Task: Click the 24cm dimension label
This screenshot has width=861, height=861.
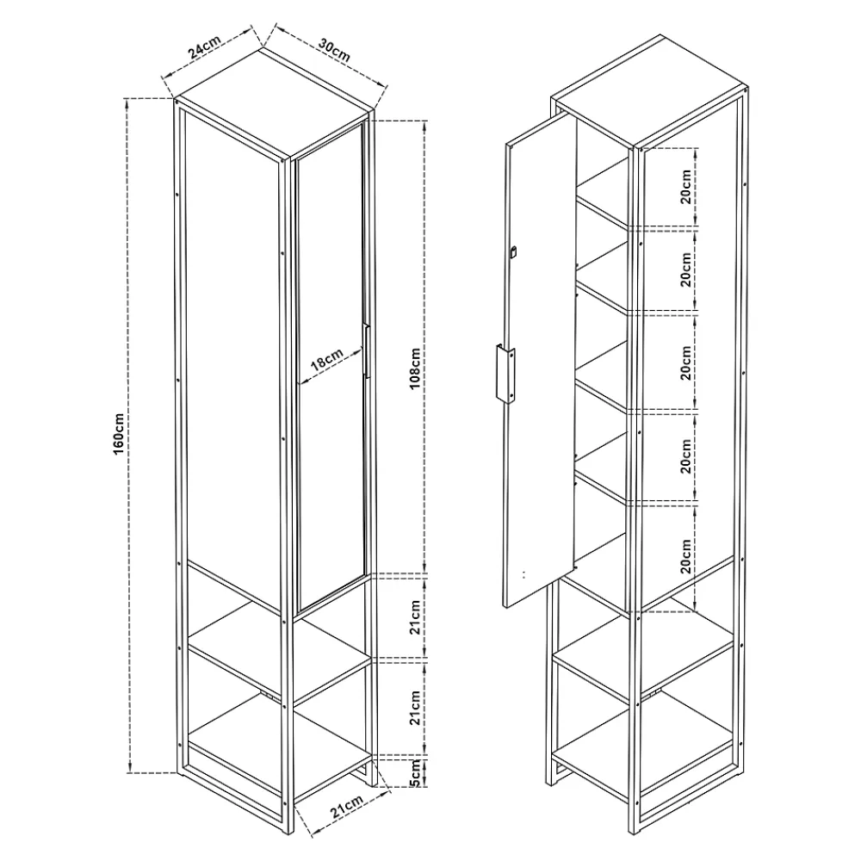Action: point(204,46)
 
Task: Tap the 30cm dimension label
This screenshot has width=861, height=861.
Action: point(334,51)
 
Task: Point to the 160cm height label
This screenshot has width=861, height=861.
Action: point(119,434)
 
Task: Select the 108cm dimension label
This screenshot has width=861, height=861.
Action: point(415,369)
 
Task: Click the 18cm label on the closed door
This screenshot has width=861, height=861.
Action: point(326,359)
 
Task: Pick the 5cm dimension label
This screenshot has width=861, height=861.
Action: point(415,772)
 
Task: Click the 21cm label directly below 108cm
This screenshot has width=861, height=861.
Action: point(415,617)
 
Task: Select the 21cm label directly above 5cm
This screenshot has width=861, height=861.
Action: point(415,708)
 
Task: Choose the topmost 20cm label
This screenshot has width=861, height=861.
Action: point(686,187)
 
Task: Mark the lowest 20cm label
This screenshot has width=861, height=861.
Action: point(686,556)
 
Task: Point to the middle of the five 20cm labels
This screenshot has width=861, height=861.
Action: point(686,363)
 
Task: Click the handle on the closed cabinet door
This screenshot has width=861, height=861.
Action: point(366,351)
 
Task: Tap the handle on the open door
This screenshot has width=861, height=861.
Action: point(505,374)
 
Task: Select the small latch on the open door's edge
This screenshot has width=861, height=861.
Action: point(513,252)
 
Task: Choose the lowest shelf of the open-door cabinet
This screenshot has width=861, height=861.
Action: point(643,738)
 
